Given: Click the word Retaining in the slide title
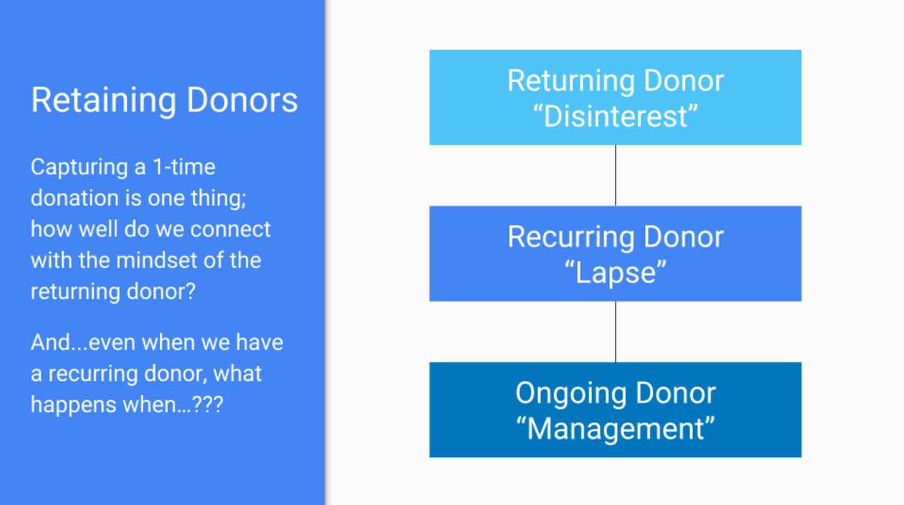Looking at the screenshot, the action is point(104,101).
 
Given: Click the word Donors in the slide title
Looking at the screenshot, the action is point(242,99).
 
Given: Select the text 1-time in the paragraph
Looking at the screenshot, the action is point(184,167).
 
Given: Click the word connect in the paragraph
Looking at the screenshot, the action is point(230,229).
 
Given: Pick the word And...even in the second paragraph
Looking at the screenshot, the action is point(83,342).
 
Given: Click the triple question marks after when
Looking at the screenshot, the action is point(207,404).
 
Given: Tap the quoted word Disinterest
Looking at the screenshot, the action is point(615,117).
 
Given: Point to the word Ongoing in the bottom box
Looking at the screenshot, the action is point(571,394).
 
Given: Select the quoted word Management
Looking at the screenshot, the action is point(615,429).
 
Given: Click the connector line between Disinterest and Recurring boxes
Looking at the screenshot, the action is point(615,175).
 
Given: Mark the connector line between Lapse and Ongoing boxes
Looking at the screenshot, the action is point(615,332).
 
